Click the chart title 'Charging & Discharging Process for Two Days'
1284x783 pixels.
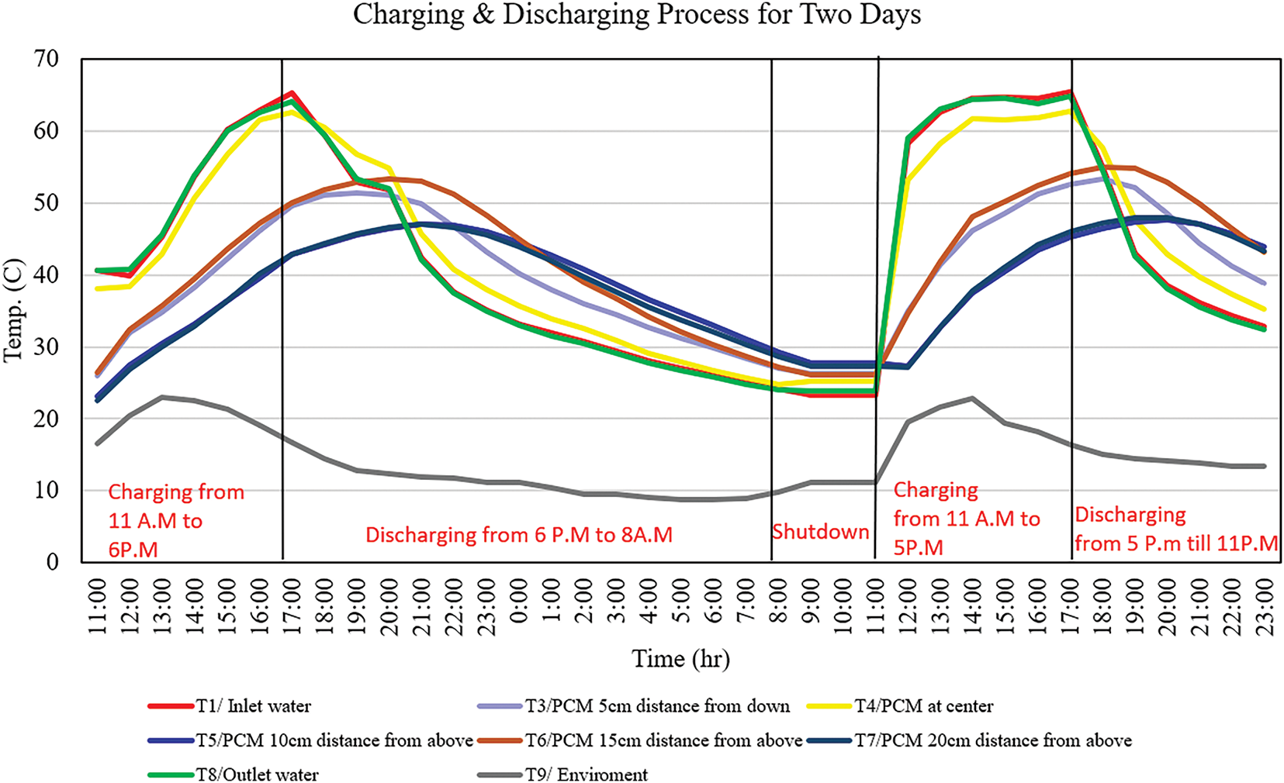coord(636,16)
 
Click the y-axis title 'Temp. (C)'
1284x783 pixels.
coord(14,310)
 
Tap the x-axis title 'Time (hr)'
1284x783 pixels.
coord(680,659)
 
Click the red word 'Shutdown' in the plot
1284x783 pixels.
coord(820,532)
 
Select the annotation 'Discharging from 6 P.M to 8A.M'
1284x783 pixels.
coord(518,535)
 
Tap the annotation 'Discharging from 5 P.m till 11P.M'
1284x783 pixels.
coord(1175,529)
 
